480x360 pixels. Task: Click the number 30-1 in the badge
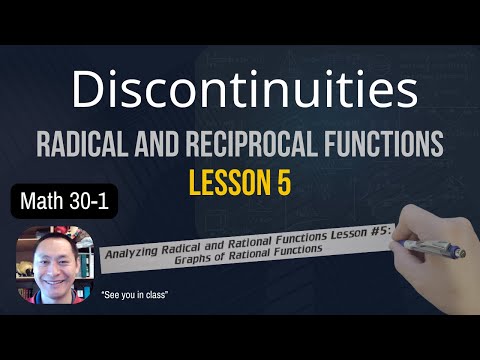click(x=88, y=203)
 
